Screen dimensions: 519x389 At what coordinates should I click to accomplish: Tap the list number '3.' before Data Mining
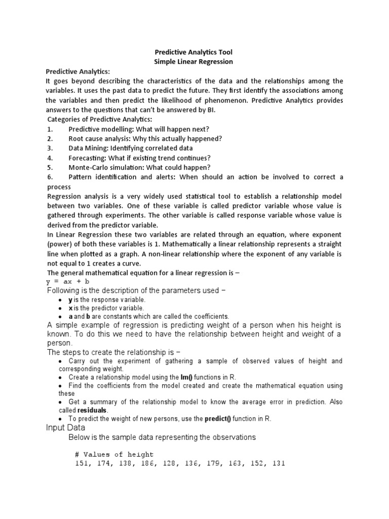tap(50, 149)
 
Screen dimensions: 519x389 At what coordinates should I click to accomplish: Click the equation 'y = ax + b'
tap(68, 281)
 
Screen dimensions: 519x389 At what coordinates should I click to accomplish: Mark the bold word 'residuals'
tap(93, 410)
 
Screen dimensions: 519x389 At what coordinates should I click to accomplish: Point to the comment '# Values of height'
tap(114, 454)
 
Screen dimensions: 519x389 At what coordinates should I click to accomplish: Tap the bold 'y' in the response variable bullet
tap(70, 300)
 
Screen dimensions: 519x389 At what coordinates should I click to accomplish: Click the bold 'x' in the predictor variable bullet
tap(70, 308)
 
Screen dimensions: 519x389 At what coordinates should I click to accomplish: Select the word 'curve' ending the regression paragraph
tap(129, 264)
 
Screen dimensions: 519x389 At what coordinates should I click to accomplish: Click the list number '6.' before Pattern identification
tap(50, 177)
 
